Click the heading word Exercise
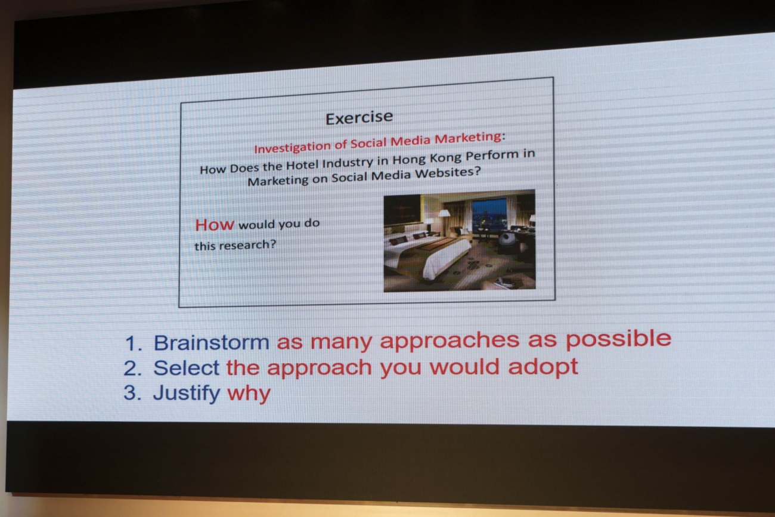[359, 117]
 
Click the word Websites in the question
[448, 173]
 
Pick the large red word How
[215, 225]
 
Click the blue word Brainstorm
[212, 343]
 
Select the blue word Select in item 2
[186, 367]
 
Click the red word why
[249, 394]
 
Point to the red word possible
[618, 339]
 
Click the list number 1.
[133, 343]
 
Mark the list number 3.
[132, 393]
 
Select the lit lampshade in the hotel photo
[444, 213]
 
